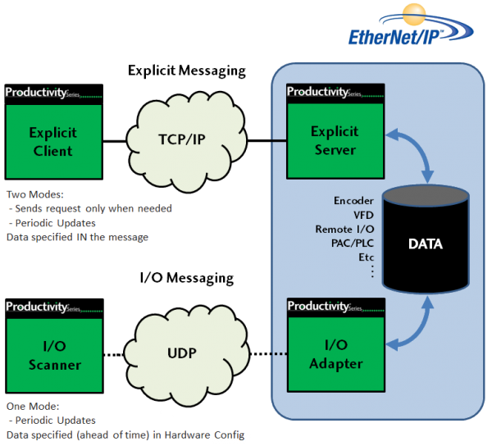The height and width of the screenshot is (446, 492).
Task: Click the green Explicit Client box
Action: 51,142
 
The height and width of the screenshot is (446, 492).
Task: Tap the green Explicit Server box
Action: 334,140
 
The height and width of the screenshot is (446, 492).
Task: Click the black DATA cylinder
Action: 426,244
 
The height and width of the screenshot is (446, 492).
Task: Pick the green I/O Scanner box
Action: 51,354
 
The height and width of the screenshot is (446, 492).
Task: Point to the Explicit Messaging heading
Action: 187,71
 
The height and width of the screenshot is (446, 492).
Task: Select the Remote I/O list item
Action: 344,230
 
